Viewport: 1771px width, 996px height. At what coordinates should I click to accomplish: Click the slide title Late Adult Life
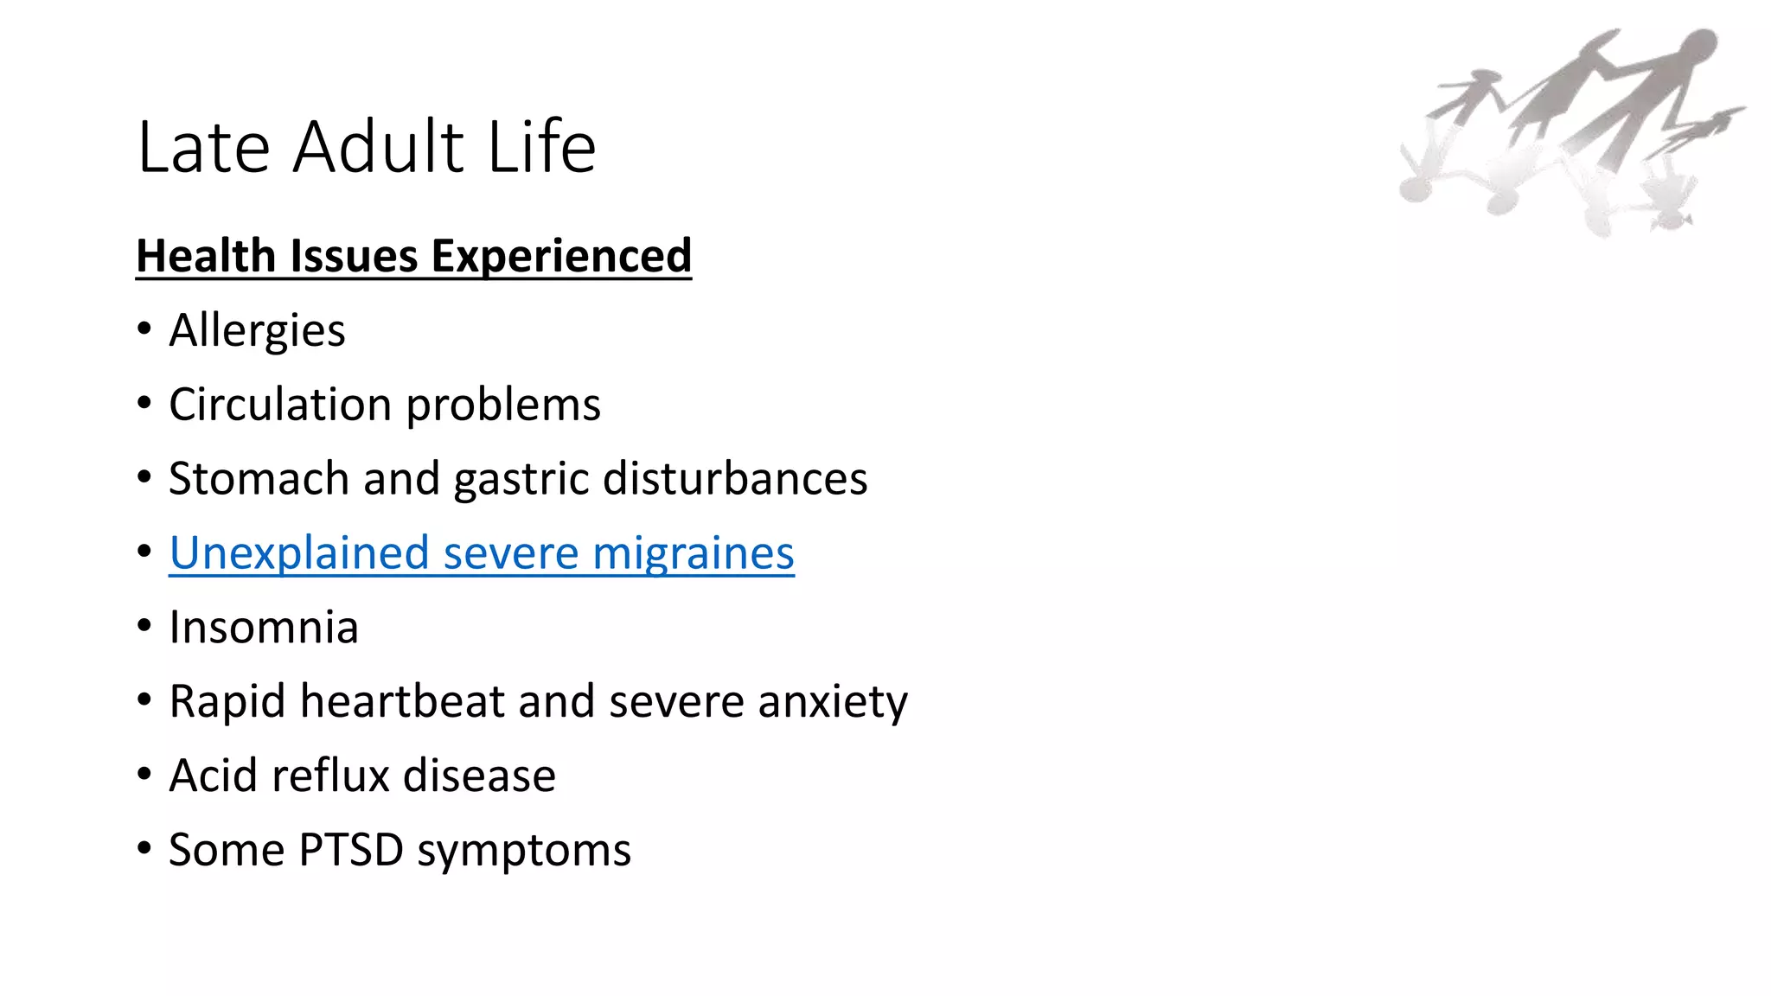[366, 147]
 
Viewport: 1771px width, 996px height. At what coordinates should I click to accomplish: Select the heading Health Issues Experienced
[413, 256]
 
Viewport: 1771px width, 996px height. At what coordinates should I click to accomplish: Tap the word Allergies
[257, 330]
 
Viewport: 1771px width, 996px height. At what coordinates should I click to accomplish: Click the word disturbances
[734, 479]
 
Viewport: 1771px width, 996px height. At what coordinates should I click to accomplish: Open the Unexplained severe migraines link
[481, 553]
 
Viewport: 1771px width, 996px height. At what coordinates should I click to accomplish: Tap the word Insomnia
[263, 628]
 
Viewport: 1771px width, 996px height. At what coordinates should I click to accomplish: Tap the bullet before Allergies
[144, 329]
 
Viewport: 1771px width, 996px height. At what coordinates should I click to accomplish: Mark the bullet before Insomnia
[144, 626]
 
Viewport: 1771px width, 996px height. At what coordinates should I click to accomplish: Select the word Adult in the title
[380, 147]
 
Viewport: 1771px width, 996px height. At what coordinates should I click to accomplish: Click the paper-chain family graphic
[1570, 130]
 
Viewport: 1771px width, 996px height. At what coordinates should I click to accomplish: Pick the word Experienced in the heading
[561, 256]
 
